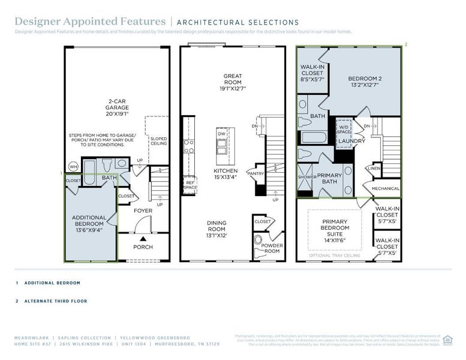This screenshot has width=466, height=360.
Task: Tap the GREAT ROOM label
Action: pyautogui.click(x=233, y=82)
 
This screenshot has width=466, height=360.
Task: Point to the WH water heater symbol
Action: pyautogui.click(x=73, y=166)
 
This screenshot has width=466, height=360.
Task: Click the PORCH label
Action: pyautogui.click(x=143, y=247)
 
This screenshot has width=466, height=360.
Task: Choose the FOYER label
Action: pyautogui.click(x=143, y=211)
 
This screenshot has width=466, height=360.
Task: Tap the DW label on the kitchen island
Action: pyautogui.click(x=221, y=134)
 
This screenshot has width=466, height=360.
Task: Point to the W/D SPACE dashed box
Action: pyautogui.click(x=344, y=129)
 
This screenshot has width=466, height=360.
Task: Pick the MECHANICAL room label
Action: pyautogui.click(x=386, y=188)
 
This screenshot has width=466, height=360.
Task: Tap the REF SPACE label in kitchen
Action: pyautogui.click(x=190, y=185)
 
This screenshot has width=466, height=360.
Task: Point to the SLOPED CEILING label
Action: pyautogui.click(x=158, y=142)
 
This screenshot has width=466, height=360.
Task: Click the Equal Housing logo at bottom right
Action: pyautogui.click(x=447, y=340)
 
